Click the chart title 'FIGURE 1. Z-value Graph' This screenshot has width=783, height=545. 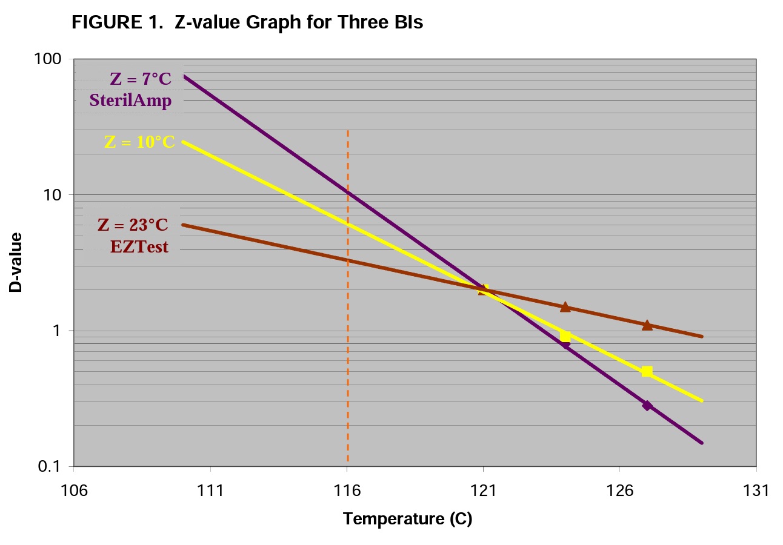coord(247,23)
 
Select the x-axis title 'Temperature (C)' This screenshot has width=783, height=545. coord(407,518)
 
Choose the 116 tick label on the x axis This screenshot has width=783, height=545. coord(347,489)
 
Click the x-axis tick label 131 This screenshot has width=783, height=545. coord(756,489)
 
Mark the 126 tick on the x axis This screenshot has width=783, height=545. coord(619,489)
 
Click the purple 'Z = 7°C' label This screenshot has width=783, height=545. coord(141,79)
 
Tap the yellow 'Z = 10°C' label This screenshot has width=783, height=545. coord(140,142)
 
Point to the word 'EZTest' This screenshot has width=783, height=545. coord(139,246)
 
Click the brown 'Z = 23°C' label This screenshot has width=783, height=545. coord(133,225)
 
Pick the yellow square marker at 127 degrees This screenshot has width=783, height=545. coord(647,371)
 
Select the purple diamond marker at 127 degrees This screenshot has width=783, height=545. coord(647,405)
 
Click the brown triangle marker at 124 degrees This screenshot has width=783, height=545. coord(565,307)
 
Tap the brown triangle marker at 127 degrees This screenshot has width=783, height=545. coord(647,325)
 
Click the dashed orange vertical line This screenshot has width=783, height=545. coord(347,363)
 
